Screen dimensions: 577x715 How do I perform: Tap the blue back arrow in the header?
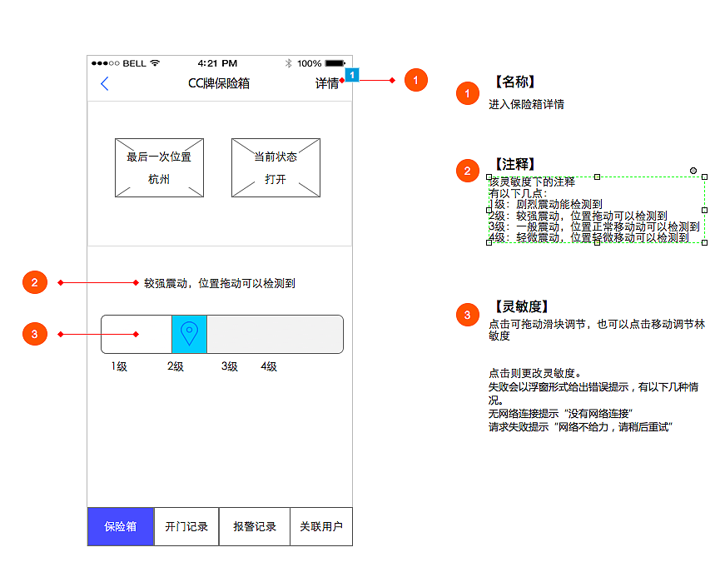tap(105, 83)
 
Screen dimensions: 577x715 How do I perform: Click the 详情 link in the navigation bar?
tap(326, 83)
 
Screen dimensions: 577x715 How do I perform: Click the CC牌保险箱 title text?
tap(219, 83)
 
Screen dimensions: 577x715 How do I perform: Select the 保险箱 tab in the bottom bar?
tap(121, 527)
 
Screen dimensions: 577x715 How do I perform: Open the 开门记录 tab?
tap(186, 527)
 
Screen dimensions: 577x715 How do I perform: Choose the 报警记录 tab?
tap(255, 527)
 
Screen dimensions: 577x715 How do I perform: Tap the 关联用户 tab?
tap(321, 527)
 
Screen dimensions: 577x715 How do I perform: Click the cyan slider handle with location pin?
tap(189, 334)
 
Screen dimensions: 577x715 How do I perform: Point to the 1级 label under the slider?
tap(119, 366)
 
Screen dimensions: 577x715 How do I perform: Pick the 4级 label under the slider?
tap(269, 366)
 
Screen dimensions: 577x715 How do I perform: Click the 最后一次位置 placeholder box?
tap(159, 167)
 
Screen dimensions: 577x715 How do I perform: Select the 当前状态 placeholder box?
tap(276, 167)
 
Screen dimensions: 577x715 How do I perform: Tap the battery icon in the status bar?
tap(335, 63)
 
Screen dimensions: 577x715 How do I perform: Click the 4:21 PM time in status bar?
tap(217, 63)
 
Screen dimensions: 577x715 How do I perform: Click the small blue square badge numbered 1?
tap(352, 75)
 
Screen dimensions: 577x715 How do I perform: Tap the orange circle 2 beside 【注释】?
tap(467, 172)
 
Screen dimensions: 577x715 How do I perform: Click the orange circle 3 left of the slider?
tap(34, 335)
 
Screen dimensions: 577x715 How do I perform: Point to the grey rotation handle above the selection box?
tap(693, 171)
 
